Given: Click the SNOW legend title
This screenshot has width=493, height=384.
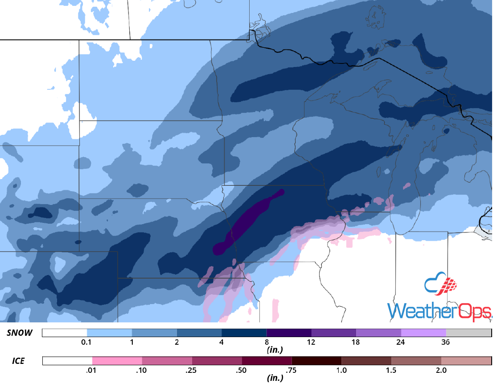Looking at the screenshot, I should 20,333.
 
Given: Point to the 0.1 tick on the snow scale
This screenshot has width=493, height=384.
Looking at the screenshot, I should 87,342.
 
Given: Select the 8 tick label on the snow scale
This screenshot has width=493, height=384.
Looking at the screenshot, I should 267,342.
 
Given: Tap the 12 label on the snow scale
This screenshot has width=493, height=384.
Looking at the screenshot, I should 311,342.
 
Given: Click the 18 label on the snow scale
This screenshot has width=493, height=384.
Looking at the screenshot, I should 356,342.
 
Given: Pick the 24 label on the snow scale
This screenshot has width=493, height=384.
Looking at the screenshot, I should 401,342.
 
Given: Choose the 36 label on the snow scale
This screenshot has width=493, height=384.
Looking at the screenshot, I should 446,342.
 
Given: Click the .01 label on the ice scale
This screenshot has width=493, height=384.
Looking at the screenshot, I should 92,370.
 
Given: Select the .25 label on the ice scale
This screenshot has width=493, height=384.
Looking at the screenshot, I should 192,370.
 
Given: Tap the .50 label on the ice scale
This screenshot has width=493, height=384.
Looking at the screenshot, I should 242,370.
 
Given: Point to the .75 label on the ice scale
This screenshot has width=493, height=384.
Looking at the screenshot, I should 292,370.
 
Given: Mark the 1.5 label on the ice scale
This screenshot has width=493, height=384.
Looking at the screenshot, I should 391,370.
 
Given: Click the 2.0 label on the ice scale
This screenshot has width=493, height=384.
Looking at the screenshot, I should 441,370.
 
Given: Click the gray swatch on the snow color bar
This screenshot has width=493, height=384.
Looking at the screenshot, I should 468,333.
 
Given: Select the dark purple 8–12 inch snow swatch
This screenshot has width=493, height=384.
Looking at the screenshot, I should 289,333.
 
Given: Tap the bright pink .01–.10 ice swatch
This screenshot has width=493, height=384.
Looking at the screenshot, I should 117,360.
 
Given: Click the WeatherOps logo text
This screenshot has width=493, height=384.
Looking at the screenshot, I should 439,311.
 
